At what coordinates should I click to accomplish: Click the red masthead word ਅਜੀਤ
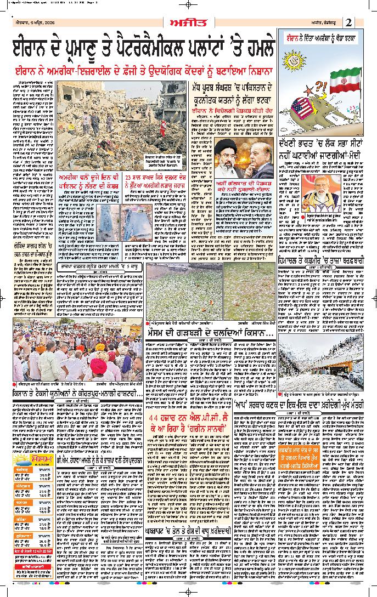pos(188,22)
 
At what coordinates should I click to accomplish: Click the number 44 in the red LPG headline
pos(156,419)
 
